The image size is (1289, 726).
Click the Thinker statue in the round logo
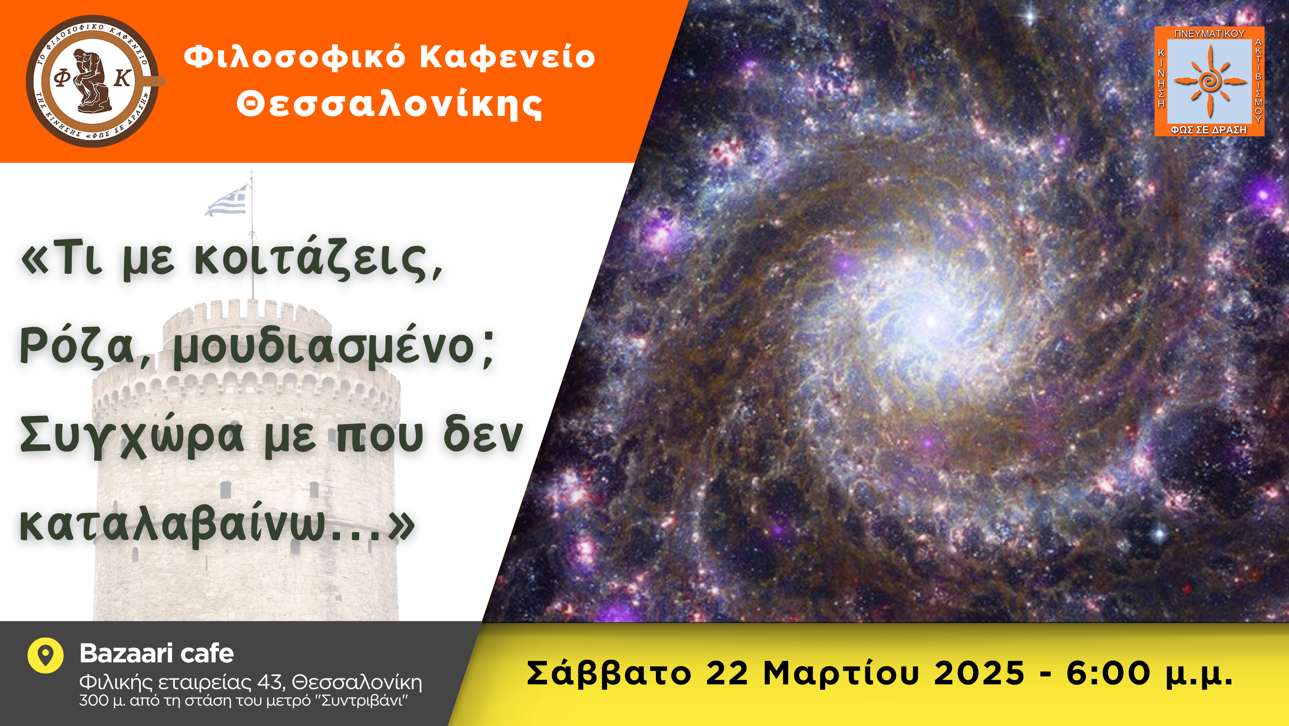pos(93,80)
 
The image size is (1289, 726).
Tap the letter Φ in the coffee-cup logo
pos(62,79)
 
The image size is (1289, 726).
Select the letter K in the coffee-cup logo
pos(123,79)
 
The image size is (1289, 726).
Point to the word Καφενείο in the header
pos(507,57)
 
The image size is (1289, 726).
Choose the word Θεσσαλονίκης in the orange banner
pos(389,104)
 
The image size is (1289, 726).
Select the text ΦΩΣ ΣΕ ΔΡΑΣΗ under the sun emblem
pos(1209,130)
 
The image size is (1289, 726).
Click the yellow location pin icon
pos(46,655)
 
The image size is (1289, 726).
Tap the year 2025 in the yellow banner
pos(979,673)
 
